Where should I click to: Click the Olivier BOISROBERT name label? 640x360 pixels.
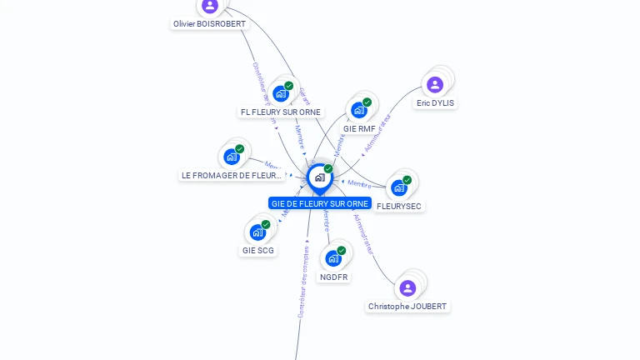pos(209,24)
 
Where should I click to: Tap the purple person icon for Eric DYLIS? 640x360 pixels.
pos(434,84)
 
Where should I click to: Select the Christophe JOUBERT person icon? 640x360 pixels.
pos(407,288)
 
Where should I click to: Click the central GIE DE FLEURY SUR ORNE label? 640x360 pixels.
pos(320,203)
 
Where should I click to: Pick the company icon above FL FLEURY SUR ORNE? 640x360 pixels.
pos(280,94)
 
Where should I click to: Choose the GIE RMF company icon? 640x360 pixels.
pos(358,110)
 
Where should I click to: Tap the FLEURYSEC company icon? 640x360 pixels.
pos(398,187)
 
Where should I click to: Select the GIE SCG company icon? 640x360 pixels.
pos(257,232)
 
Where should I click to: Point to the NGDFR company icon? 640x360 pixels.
pos(333,258)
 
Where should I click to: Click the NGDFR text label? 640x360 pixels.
pos(333,277)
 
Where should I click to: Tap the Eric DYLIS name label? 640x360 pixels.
pos(436,103)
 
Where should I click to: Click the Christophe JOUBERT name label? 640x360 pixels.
pos(407,307)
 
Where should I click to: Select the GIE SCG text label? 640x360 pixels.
pos(258,250)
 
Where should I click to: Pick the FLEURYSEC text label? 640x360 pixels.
pos(399,206)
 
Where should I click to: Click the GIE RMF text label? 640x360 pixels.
pos(359,128)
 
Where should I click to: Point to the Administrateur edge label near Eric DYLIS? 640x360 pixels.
pos(377,133)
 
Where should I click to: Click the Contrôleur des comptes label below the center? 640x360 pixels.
pos(302,282)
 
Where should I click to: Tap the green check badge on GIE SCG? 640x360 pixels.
pos(266,224)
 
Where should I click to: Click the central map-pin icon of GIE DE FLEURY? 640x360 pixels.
pos(319,177)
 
